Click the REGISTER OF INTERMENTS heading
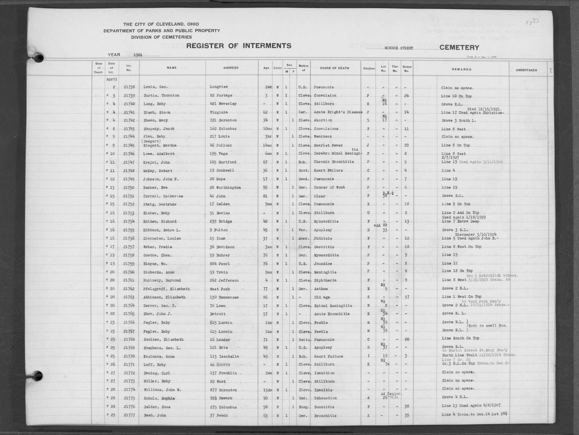(x=238, y=46)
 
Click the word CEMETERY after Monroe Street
(x=459, y=48)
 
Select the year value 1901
(x=138, y=55)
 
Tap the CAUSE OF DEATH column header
(x=334, y=68)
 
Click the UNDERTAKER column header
(x=526, y=70)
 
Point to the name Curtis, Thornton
(x=161, y=95)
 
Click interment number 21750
(x=129, y=187)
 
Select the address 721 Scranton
(x=223, y=120)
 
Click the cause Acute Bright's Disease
(x=338, y=112)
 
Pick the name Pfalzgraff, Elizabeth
(x=167, y=289)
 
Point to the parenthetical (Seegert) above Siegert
(x=151, y=141)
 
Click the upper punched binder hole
(x=38, y=57)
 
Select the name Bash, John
(x=154, y=415)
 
